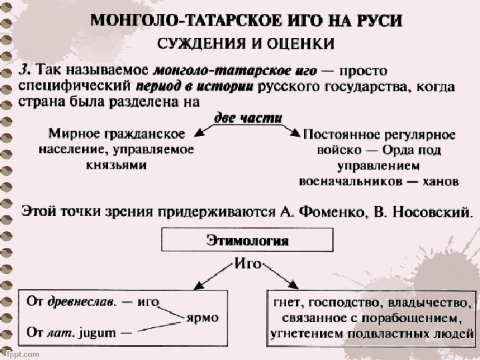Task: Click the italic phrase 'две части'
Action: (x=247, y=118)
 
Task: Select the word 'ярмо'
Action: (x=201, y=317)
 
